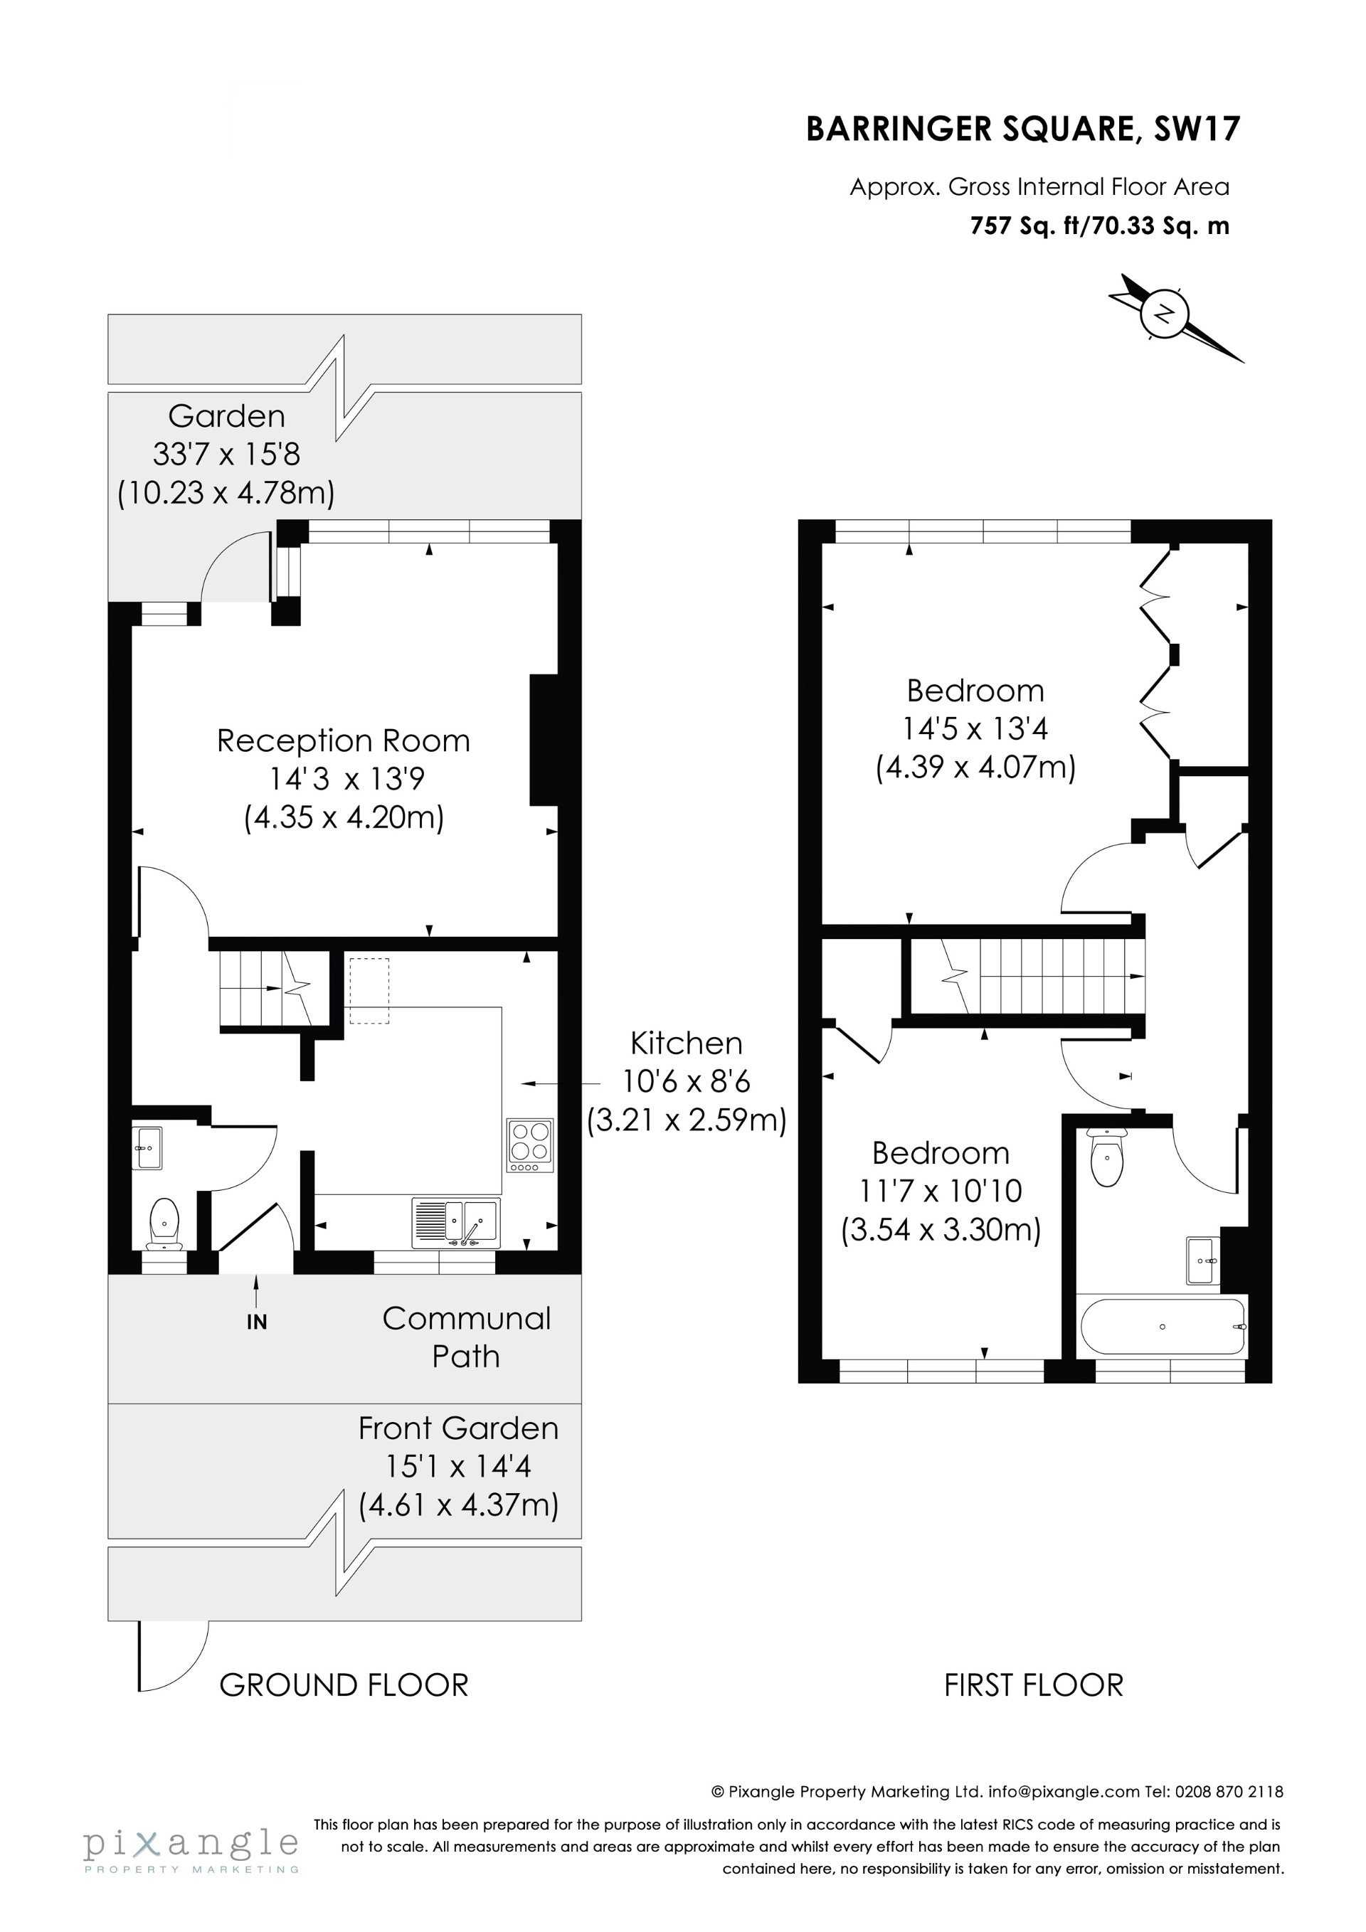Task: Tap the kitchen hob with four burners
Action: pyautogui.click(x=529, y=1145)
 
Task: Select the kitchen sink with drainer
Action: pyautogui.click(x=455, y=1223)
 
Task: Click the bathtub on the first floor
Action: pyautogui.click(x=1163, y=1327)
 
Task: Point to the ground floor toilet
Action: pyautogui.click(x=164, y=1223)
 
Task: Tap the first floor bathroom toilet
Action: pyautogui.click(x=1106, y=1159)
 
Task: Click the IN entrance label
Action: pyautogui.click(x=257, y=1322)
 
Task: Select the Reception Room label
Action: pyautogui.click(x=344, y=741)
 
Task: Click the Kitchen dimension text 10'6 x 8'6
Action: pyautogui.click(x=686, y=1081)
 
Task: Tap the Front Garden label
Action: pyautogui.click(x=458, y=1428)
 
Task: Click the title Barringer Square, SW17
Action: pyautogui.click(x=1022, y=129)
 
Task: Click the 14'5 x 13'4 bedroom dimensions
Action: pyautogui.click(x=975, y=728)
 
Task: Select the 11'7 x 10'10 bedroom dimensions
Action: pyautogui.click(x=940, y=1191)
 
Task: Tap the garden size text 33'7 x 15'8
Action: pyautogui.click(x=226, y=455)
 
